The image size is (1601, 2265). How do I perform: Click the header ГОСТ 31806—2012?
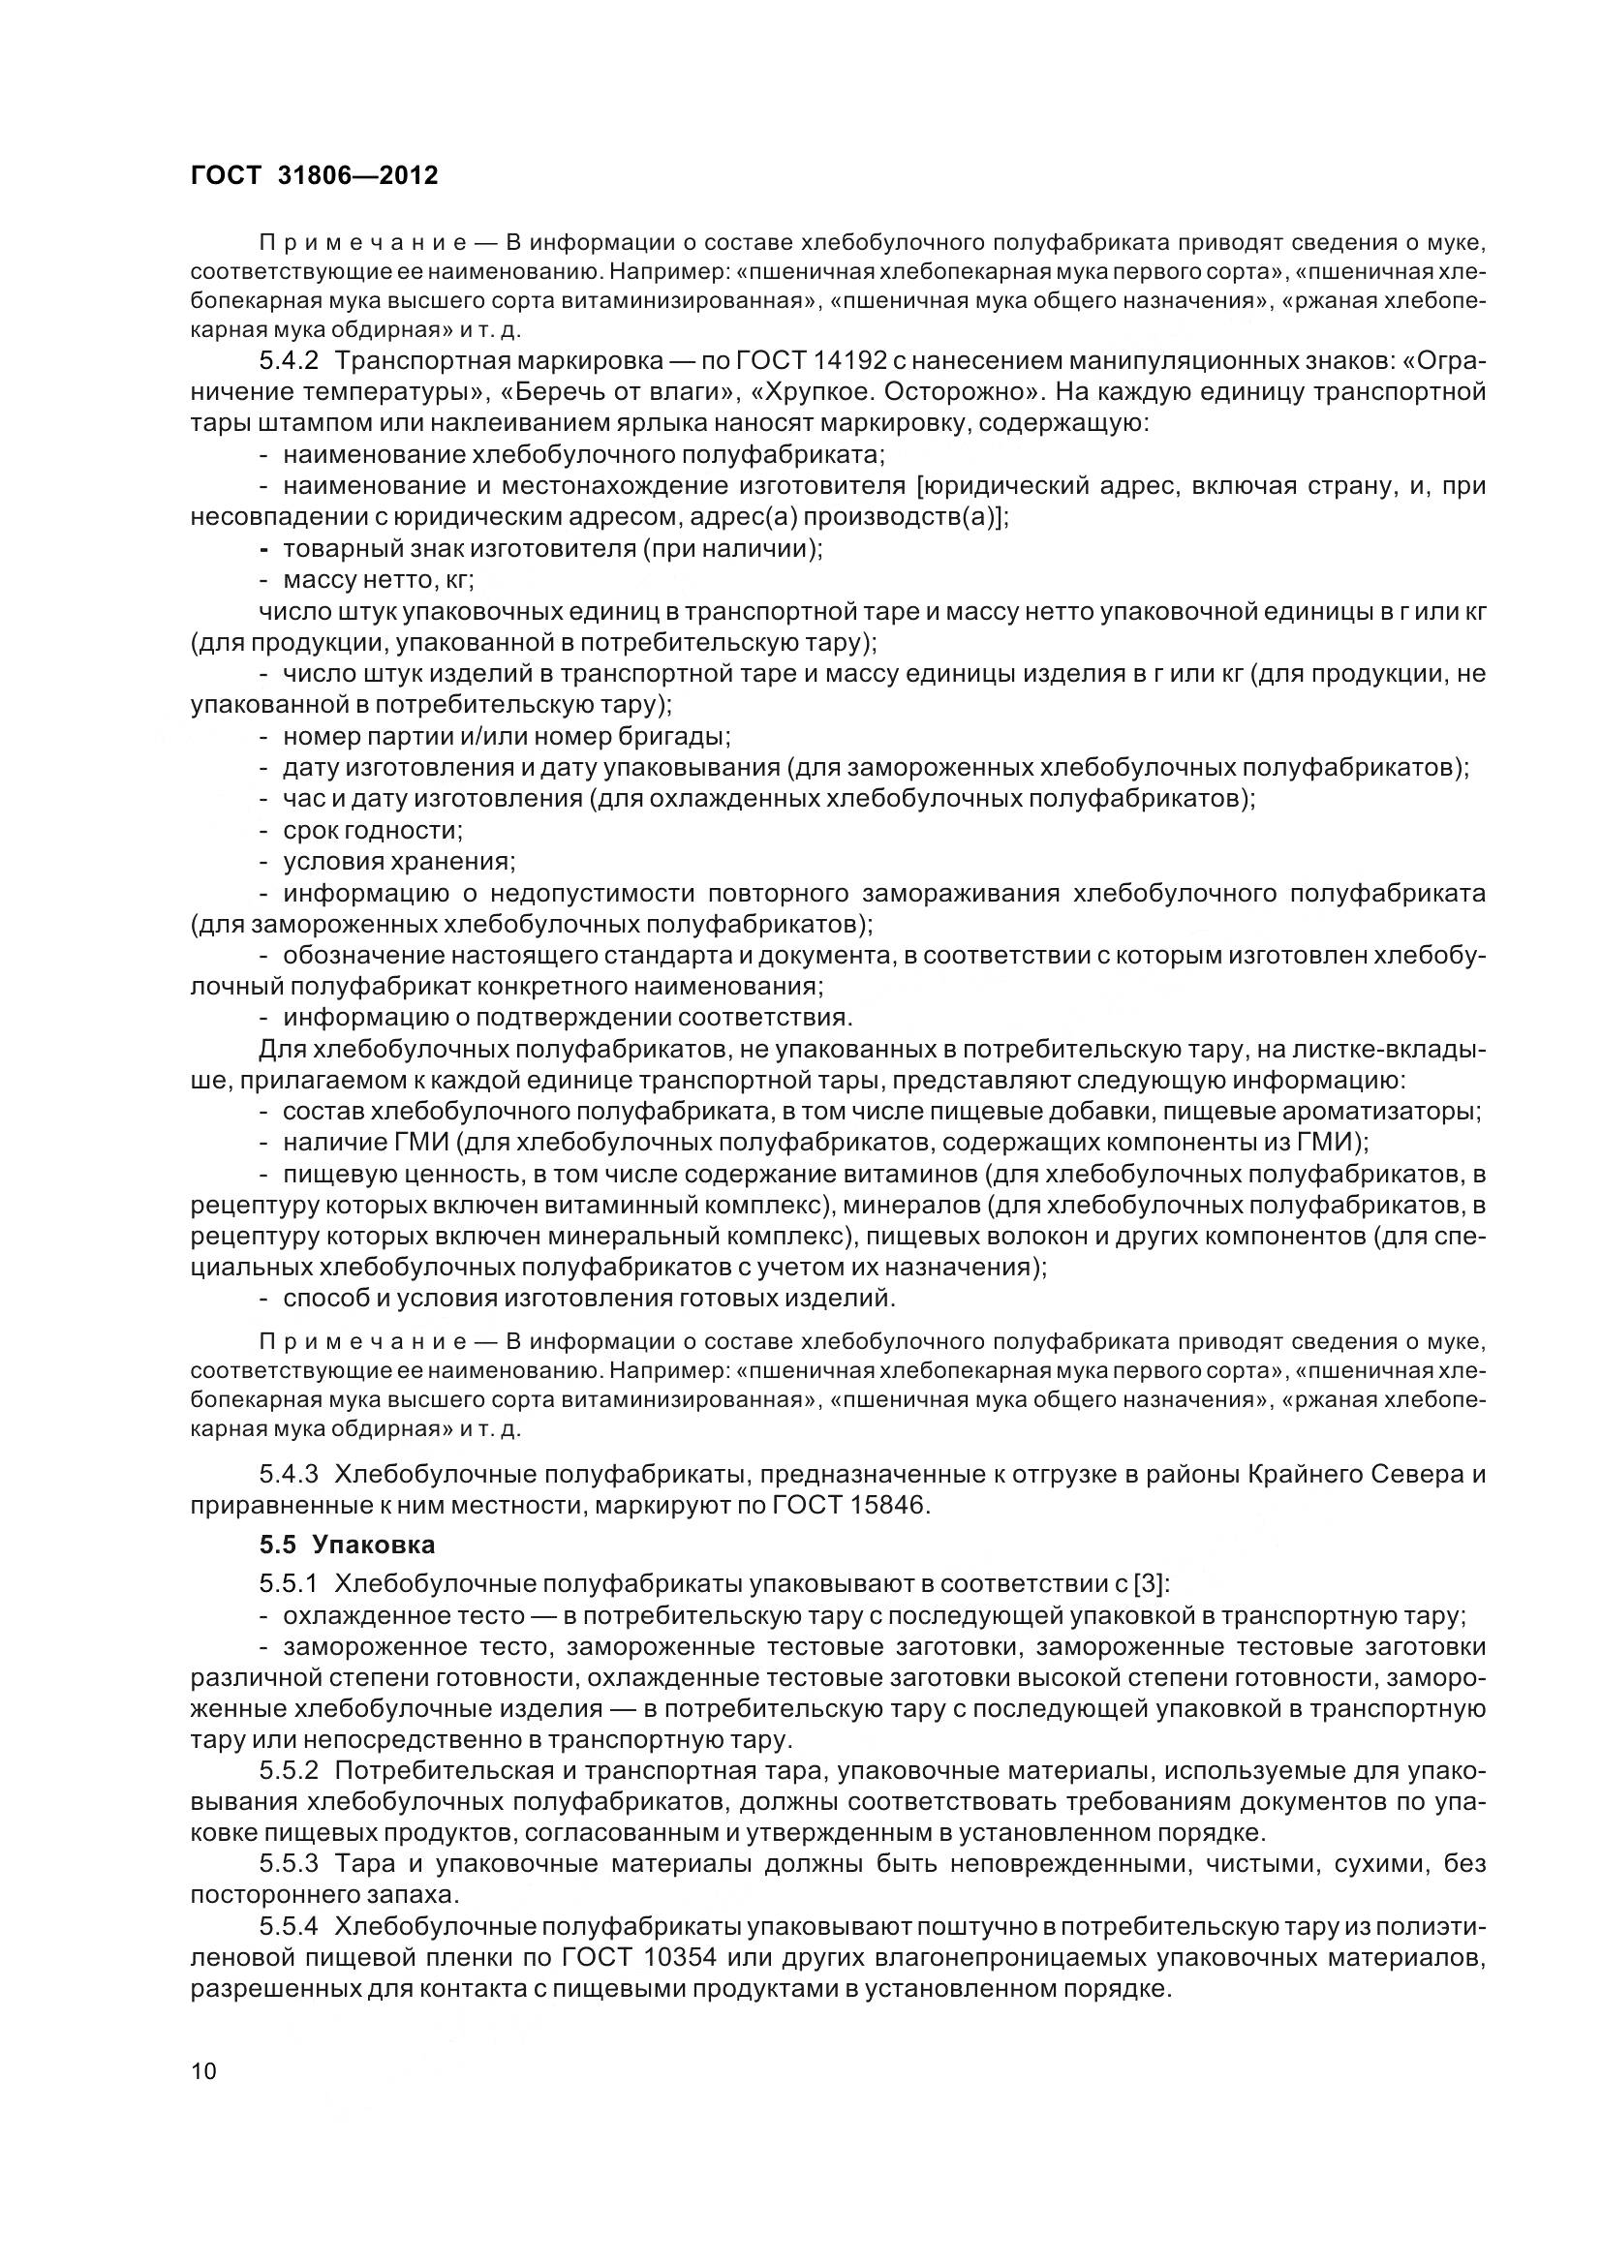[314, 175]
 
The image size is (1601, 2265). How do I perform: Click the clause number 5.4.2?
[288, 361]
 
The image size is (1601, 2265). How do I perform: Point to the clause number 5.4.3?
[288, 1475]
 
